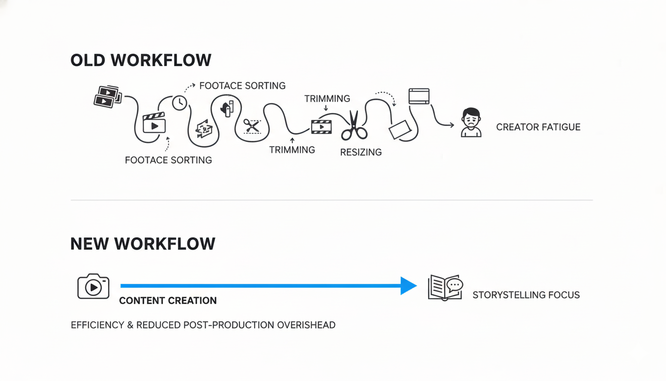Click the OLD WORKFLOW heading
(x=141, y=61)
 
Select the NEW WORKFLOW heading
(x=143, y=244)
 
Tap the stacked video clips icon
(x=108, y=96)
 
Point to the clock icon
(x=179, y=103)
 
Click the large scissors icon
(x=354, y=126)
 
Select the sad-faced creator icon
(x=471, y=122)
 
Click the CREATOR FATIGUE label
(x=538, y=127)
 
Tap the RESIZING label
(x=361, y=152)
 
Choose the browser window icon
(x=419, y=96)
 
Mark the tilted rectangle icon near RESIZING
(x=400, y=130)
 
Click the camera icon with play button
(x=93, y=286)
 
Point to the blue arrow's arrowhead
(x=408, y=286)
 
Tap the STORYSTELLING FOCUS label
(x=526, y=295)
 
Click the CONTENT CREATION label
(x=168, y=301)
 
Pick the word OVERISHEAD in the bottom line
(x=306, y=325)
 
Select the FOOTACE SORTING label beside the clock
(x=242, y=86)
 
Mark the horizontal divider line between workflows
(x=332, y=200)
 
